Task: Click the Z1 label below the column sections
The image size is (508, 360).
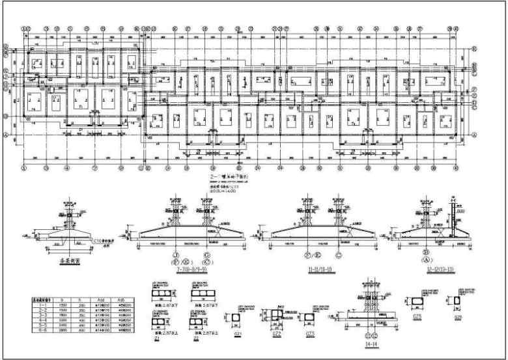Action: [x=157, y=338]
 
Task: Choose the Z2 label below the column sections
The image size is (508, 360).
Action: [x=194, y=338]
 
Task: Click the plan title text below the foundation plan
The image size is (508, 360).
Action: [x=224, y=177]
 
